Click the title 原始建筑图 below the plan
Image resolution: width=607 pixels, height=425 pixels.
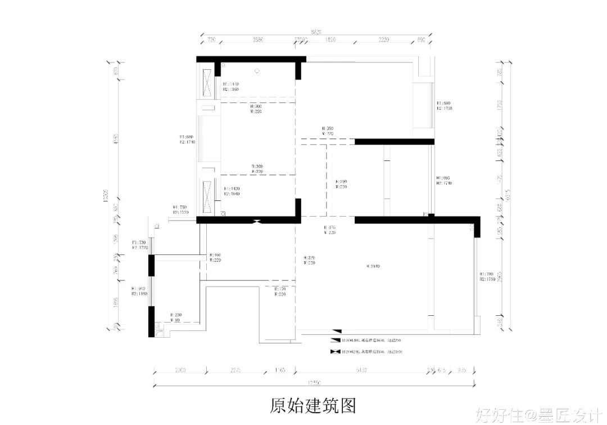click(313, 404)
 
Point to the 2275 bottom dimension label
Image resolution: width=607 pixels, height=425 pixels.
click(235, 370)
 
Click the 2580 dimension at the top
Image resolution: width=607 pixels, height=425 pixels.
click(257, 41)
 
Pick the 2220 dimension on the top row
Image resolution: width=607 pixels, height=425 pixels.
click(384, 41)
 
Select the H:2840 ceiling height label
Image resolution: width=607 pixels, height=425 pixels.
click(373, 266)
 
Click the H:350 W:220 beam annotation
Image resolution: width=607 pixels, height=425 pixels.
click(328, 131)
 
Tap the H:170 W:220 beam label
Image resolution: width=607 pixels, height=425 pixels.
click(280, 291)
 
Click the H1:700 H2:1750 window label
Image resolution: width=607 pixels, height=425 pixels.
click(487, 276)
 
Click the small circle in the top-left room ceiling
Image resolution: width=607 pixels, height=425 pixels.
click(257, 71)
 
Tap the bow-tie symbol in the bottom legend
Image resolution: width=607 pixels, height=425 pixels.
click(336, 352)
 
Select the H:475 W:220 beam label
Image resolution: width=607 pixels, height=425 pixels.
click(328, 230)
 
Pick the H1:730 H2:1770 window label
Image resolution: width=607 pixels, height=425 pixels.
click(139, 245)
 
